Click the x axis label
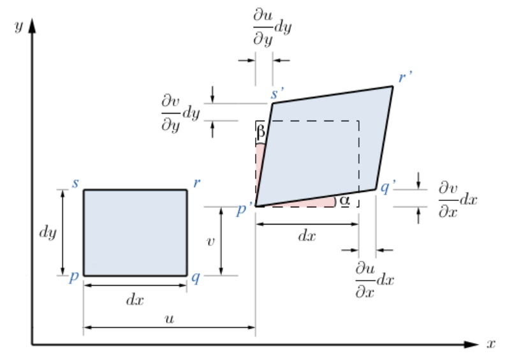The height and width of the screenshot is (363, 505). pos(490,344)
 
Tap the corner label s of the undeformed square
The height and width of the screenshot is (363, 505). pos(75,184)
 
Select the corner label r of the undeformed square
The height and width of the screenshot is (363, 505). pos(197,183)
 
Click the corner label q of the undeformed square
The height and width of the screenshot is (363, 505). pos(196,278)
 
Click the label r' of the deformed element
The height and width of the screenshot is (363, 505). pos(406,77)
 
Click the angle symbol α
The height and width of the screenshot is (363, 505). pos(345,200)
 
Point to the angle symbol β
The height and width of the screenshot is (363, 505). pos(261,132)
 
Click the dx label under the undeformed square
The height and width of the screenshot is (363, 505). pos(135,297)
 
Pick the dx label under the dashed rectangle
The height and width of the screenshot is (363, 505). pos(307,235)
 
